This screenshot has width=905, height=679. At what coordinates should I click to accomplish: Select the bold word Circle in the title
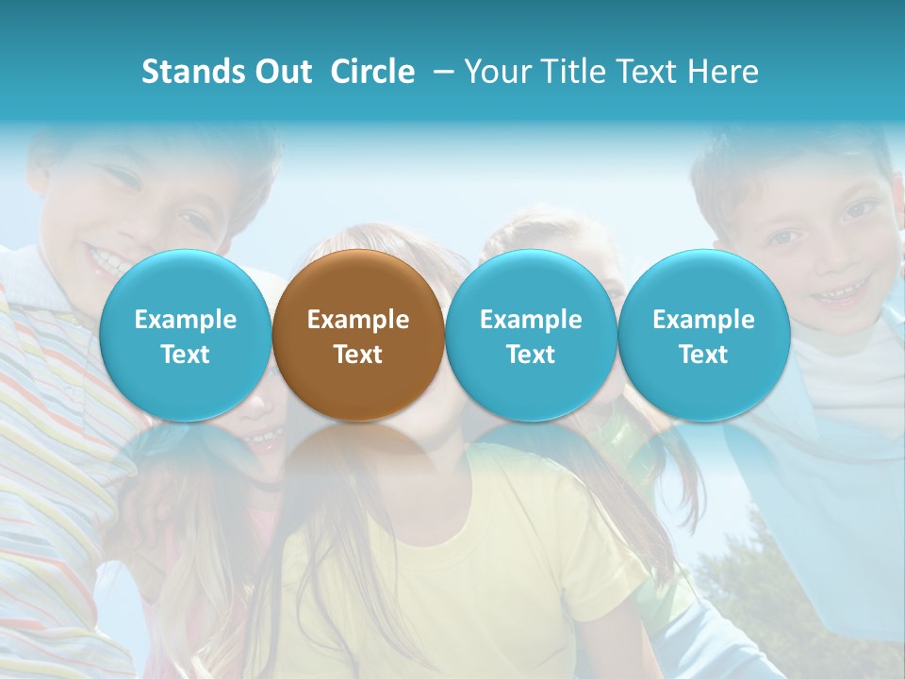click(372, 72)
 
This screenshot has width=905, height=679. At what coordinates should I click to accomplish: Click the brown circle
click(358, 336)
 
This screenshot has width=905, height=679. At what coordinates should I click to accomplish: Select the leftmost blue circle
click(186, 336)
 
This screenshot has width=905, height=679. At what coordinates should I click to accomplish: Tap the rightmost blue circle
click(703, 336)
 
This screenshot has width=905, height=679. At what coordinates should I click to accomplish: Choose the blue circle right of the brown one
click(531, 336)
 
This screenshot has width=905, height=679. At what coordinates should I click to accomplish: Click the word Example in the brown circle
click(358, 320)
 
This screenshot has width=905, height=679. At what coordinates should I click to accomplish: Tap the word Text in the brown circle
click(358, 355)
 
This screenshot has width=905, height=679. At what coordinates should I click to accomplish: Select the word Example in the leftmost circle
click(186, 320)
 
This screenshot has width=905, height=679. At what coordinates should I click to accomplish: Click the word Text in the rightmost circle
click(703, 355)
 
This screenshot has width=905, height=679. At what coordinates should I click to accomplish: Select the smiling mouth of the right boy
click(835, 295)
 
